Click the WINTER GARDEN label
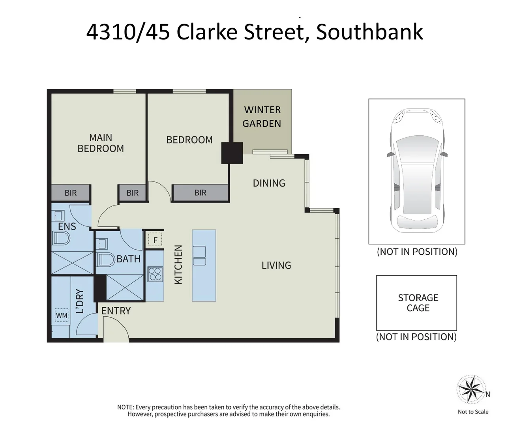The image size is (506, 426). point(262,117)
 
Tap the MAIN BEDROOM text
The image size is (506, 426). point(101,143)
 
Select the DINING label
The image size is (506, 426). point(269,183)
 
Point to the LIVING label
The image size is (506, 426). point(276,265)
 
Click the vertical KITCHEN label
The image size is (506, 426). point(178,264)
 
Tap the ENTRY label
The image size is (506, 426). point(116,311)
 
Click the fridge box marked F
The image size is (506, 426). point(155,240)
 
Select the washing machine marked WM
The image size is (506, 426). point(62,315)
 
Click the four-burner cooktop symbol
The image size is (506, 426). point(155,274)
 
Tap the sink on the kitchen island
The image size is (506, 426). point(199,256)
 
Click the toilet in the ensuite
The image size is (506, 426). point(61,238)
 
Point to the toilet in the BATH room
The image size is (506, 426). point(106,260)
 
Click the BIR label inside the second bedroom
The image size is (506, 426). point(201,193)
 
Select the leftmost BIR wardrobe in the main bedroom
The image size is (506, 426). point(71,193)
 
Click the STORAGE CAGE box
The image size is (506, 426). point(417,303)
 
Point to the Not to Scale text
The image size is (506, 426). point(473,412)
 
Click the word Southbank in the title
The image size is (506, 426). point(369,32)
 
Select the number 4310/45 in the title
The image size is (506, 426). point(128,32)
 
